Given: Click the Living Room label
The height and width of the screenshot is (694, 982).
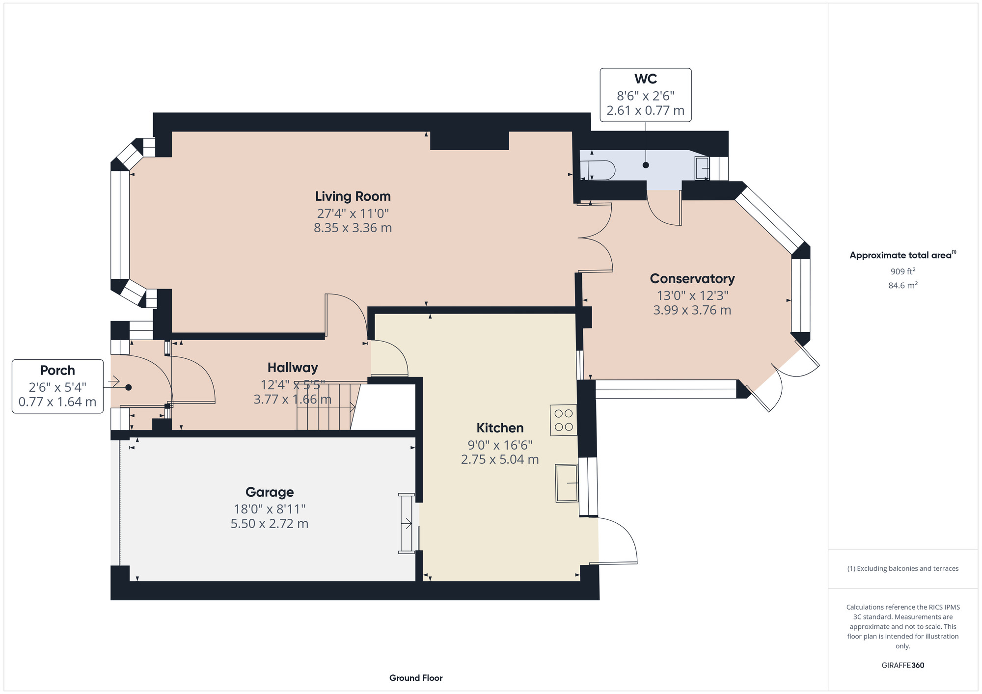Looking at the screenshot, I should pyautogui.click(x=353, y=196).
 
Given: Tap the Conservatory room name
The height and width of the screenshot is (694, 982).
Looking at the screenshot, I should pyautogui.click(x=692, y=279).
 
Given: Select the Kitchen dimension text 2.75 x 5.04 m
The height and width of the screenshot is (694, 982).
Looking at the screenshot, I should pyautogui.click(x=499, y=459).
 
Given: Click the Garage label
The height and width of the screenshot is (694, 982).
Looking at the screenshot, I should pyautogui.click(x=270, y=492).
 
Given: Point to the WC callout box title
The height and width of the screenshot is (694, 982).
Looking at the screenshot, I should pyautogui.click(x=645, y=79).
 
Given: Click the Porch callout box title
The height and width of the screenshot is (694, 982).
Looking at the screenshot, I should pyautogui.click(x=57, y=371).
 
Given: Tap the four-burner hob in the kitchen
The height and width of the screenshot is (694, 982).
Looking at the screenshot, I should pyautogui.click(x=563, y=420).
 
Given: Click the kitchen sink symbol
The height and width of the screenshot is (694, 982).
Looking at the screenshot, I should pyautogui.click(x=567, y=483).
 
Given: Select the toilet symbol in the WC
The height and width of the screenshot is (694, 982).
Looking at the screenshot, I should pyautogui.click(x=598, y=170).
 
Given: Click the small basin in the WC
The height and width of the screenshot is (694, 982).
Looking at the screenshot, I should pyautogui.click(x=702, y=168).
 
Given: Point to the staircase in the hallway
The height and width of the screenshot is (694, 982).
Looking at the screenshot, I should pyautogui.click(x=324, y=406).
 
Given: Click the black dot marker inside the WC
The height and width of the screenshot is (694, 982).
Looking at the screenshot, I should pyautogui.click(x=646, y=165).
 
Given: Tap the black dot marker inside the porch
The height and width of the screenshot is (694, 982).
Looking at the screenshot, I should pyautogui.click(x=129, y=387).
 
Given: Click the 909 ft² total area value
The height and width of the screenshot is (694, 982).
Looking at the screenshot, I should pyautogui.click(x=902, y=271).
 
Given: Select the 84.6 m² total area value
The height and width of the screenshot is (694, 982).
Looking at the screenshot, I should pyautogui.click(x=902, y=285).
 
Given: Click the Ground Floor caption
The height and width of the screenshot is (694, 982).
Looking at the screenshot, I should pyautogui.click(x=416, y=678).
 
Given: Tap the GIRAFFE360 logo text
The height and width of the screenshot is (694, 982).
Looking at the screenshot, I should pyautogui.click(x=902, y=666).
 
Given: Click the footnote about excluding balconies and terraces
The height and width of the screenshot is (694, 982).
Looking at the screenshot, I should pyautogui.click(x=902, y=568).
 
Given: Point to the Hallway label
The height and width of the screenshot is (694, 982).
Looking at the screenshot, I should pyautogui.click(x=293, y=368).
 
